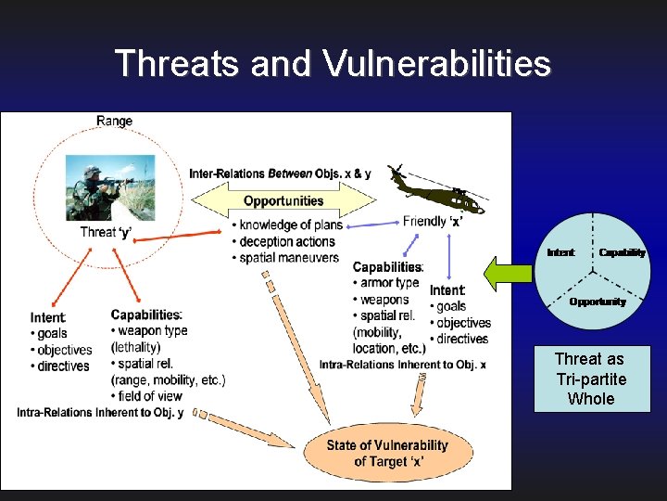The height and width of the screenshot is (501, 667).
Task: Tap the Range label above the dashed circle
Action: pyautogui.click(x=114, y=121)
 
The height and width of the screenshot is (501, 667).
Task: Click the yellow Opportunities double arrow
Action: pyautogui.click(x=283, y=200)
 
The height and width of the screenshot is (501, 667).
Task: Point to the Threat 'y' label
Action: pyautogui.click(x=106, y=232)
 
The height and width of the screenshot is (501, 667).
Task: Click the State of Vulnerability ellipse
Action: pyautogui.click(x=386, y=453)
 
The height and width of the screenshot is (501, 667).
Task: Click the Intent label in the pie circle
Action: pyautogui.click(x=560, y=252)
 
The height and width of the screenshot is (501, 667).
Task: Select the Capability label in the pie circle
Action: pyautogui.click(x=622, y=252)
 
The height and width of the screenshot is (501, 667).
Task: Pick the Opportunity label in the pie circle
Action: pyautogui.click(x=598, y=302)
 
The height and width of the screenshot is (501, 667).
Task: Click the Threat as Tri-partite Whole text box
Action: pyautogui.click(x=590, y=379)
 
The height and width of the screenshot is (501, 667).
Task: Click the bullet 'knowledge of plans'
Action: pyautogui.click(x=290, y=225)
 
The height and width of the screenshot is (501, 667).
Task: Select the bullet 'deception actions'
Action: pyautogui.click(x=288, y=241)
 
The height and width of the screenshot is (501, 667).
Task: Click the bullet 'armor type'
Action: pyautogui.click(x=389, y=283)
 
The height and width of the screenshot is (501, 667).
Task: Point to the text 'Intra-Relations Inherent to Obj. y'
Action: pyautogui.click(x=101, y=412)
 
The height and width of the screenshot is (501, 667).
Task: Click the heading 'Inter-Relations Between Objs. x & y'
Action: pyautogui.click(x=280, y=173)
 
